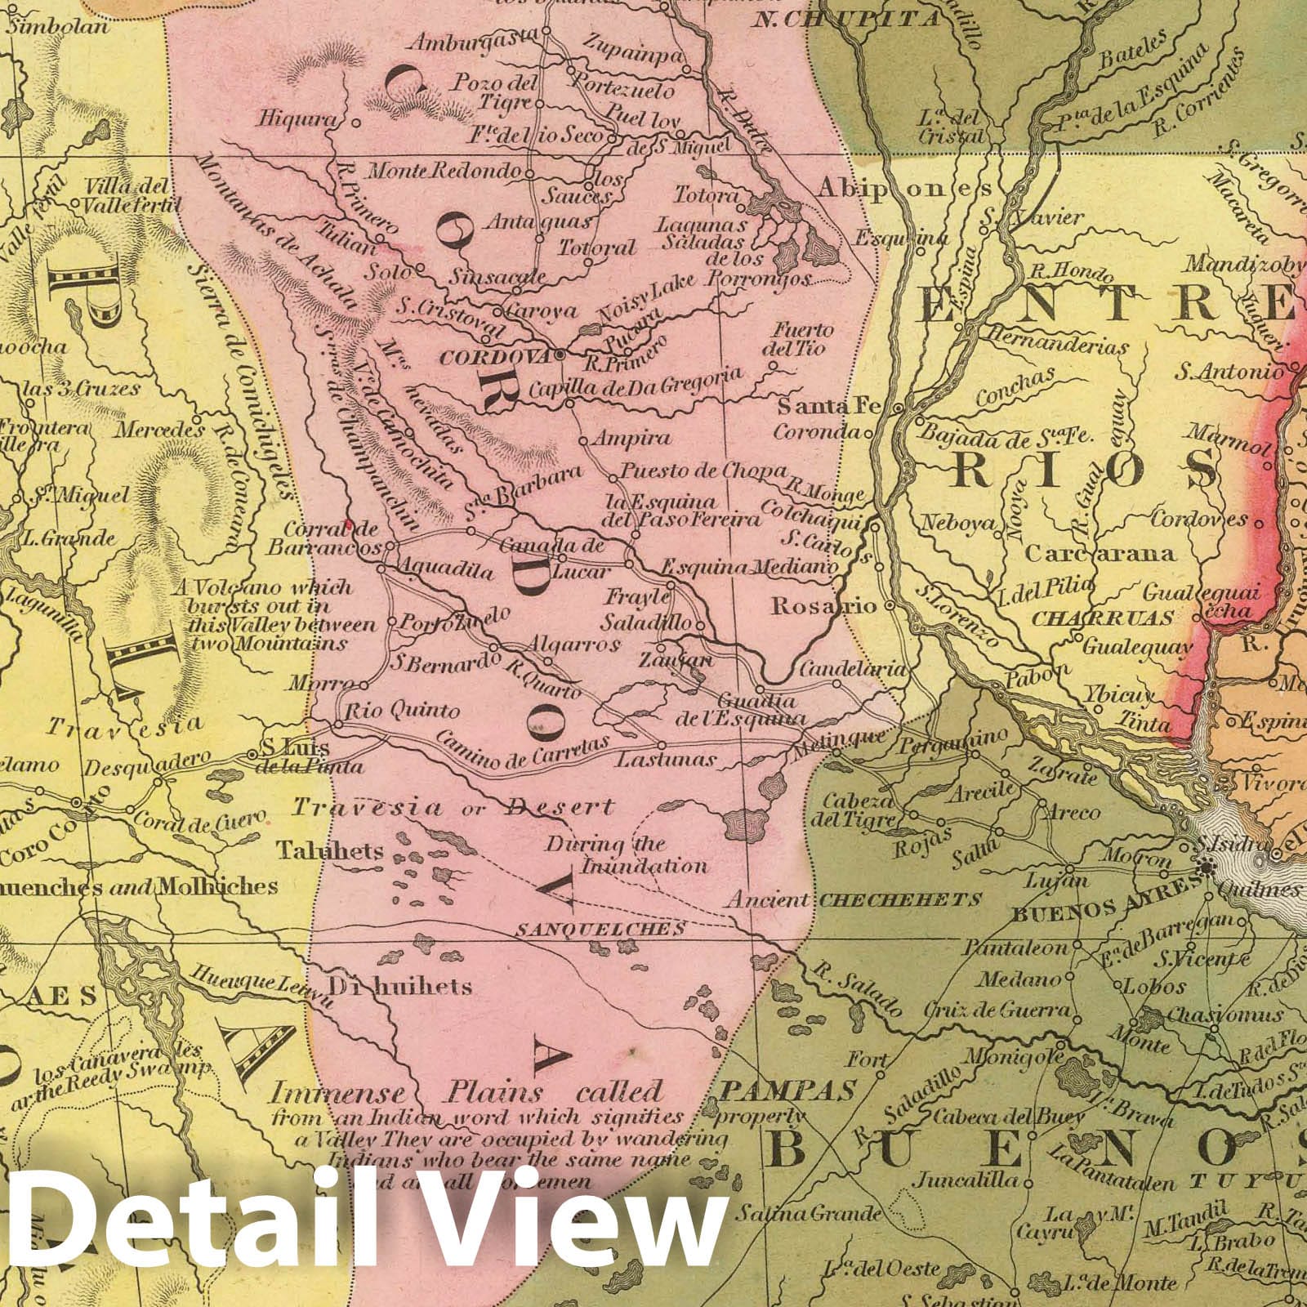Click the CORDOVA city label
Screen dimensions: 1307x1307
click(x=496, y=357)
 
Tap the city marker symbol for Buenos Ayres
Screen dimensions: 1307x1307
click(x=1206, y=871)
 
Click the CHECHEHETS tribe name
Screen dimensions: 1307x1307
click(x=899, y=900)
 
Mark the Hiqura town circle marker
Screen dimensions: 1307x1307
click(x=356, y=123)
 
